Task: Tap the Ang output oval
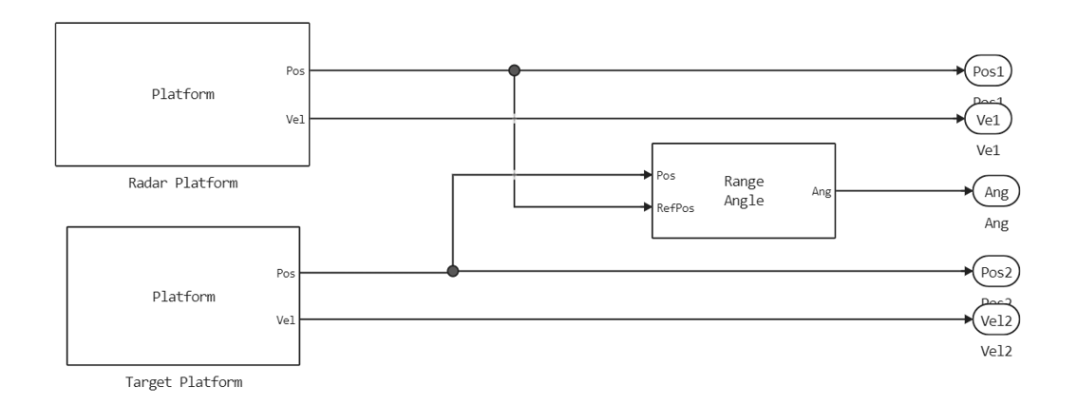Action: pyautogui.click(x=995, y=192)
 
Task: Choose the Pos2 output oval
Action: pyautogui.click(x=995, y=271)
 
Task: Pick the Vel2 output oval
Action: pyautogui.click(x=995, y=319)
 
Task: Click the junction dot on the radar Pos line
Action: pyautogui.click(x=514, y=70)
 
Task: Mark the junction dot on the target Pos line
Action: pyautogui.click(x=453, y=271)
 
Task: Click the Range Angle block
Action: pyautogui.click(x=743, y=190)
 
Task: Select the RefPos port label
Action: pyautogui.click(x=674, y=208)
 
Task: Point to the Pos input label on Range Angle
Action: pyautogui.click(x=666, y=175)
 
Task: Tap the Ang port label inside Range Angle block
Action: pyautogui.click(x=822, y=192)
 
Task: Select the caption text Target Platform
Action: pyautogui.click(x=183, y=382)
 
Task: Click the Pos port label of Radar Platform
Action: pyautogui.click(x=294, y=70)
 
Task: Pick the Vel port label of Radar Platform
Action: pyautogui.click(x=294, y=119)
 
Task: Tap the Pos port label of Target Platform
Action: pyautogui.click(x=285, y=272)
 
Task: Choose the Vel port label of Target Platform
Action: pyautogui.click(x=285, y=319)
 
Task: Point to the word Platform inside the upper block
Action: pyautogui.click(x=184, y=94)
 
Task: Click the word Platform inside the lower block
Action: pyautogui.click(x=184, y=296)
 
